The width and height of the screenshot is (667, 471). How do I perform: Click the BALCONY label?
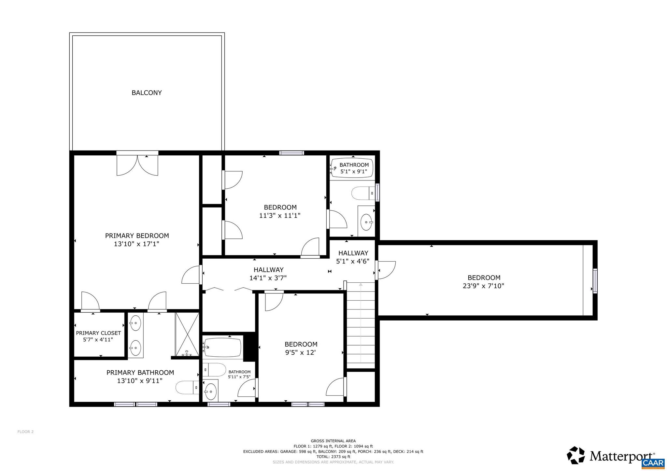point(147,93)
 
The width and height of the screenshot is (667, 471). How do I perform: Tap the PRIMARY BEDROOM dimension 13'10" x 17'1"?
point(137,244)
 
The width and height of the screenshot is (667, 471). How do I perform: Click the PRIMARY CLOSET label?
point(98,333)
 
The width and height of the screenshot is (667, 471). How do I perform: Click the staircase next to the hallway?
point(361,326)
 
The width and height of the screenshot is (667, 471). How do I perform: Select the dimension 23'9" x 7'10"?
point(483,286)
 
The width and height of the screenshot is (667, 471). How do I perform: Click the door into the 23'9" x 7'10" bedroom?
point(386,270)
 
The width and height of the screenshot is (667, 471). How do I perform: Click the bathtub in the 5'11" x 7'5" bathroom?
point(223,348)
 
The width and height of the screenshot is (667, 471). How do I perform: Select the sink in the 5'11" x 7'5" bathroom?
point(210,390)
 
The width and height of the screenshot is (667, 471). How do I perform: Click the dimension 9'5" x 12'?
point(301,352)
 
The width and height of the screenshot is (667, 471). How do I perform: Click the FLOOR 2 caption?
point(25,432)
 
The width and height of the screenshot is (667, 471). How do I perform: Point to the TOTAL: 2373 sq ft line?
point(333,457)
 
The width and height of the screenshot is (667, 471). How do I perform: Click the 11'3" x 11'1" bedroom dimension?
point(280,215)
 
